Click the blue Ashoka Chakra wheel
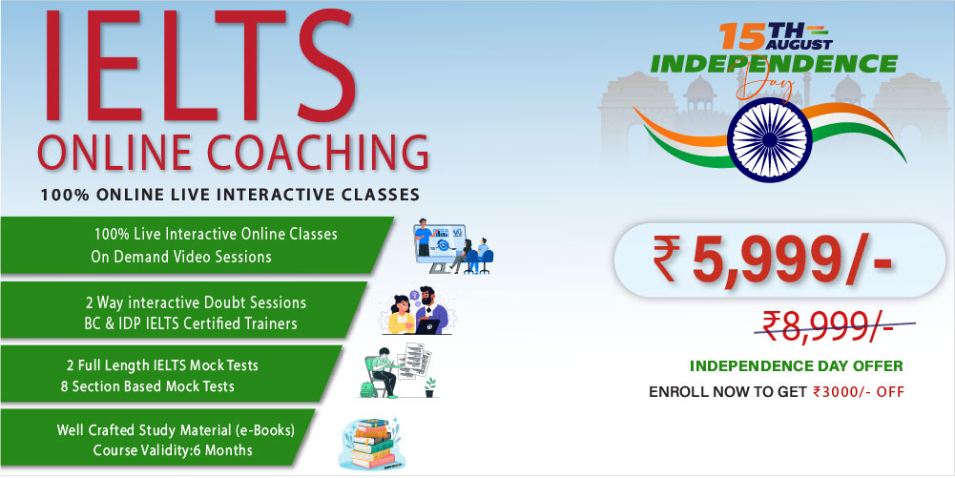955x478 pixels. point(770,139)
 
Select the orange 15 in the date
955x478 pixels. point(742,36)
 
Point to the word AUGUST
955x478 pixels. point(799,44)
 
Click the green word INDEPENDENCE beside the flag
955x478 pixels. point(774,64)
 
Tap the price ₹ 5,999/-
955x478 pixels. point(772,260)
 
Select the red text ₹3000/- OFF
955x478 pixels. point(859,391)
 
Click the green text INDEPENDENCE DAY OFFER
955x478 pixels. point(796,366)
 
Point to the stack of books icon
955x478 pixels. point(370,444)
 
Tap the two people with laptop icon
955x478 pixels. point(418,311)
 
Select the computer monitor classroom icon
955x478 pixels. point(452,246)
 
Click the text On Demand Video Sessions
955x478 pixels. point(181,257)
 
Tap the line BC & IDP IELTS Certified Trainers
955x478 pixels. point(191,323)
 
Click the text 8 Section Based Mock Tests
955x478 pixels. point(147,386)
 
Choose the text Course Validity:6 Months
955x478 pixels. point(173,450)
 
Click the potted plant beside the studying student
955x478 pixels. point(430,387)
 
